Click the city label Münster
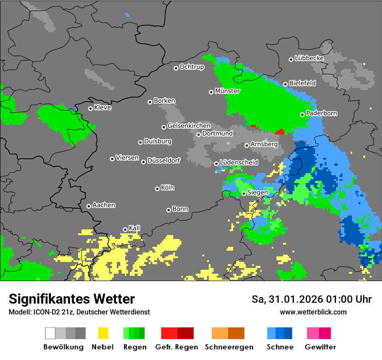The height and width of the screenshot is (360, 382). (x=227, y=91)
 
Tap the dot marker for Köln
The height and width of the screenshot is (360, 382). (x=157, y=189)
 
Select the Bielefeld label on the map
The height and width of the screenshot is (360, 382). (x=302, y=83)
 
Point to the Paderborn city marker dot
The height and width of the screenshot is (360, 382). (x=303, y=115)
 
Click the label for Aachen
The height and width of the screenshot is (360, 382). (x=104, y=205)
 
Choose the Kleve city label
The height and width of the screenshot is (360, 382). (x=102, y=108)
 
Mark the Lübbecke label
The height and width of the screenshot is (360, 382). (x=309, y=58)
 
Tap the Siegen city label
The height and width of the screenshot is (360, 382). (x=257, y=193)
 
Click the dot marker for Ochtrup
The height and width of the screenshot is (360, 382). (x=176, y=68)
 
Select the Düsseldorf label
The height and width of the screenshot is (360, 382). (x=164, y=161)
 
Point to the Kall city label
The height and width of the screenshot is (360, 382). (x=135, y=228)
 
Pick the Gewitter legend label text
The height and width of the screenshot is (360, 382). (x=320, y=347)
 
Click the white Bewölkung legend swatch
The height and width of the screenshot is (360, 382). (x=50, y=333)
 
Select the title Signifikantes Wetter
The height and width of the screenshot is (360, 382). (x=72, y=299)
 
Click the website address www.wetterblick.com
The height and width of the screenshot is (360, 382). (x=313, y=312)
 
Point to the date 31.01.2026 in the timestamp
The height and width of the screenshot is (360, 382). (x=291, y=299)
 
